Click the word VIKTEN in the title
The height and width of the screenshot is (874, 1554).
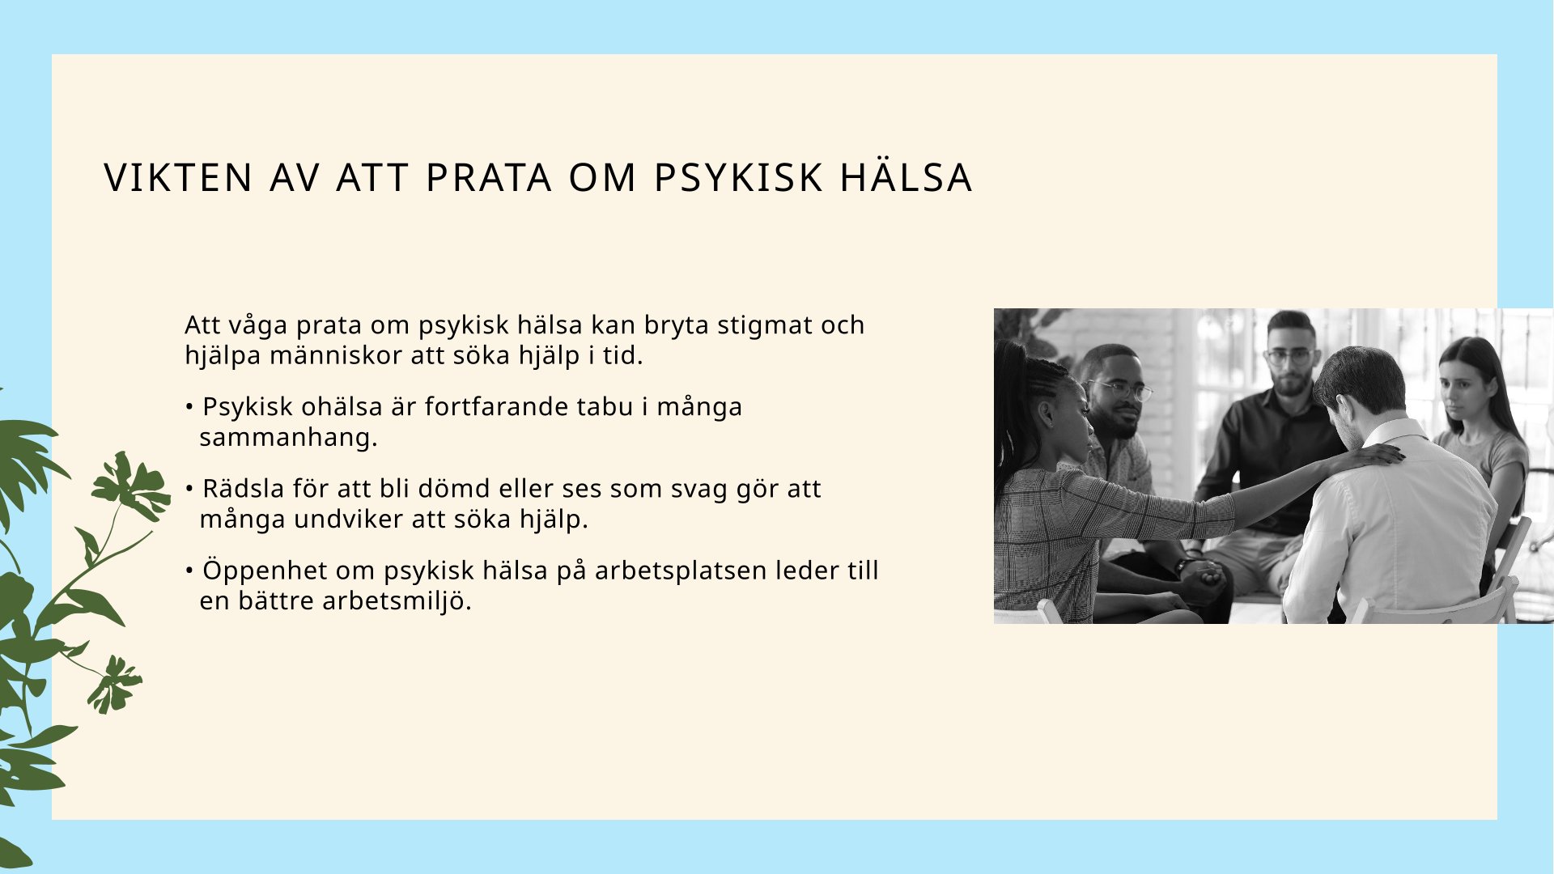click(x=179, y=178)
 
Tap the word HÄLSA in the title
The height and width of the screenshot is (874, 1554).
click(x=906, y=177)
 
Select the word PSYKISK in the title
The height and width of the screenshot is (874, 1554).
click(x=737, y=178)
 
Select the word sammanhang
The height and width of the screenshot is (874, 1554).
click(x=289, y=438)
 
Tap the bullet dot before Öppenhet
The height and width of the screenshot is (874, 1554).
click(x=189, y=571)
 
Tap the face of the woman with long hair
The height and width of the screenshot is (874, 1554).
click(x=1465, y=385)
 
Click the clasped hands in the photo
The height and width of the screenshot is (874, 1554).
click(x=1202, y=575)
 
